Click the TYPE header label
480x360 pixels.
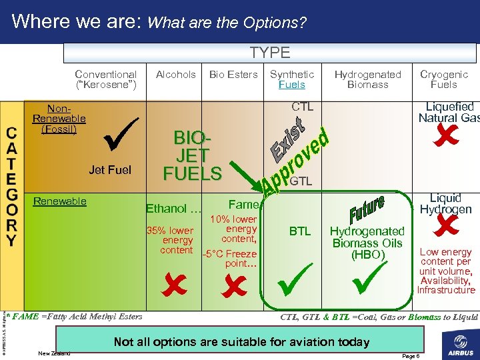[270, 53]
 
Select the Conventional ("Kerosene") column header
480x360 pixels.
[106, 79]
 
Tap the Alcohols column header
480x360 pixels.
[175, 75]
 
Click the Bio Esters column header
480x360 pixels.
[233, 75]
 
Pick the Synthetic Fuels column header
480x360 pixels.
[291, 79]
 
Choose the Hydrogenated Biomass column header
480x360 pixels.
[367, 79]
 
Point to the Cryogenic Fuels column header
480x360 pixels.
[443, 79]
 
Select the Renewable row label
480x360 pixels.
[60, 201]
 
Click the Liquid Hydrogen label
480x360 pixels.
[445, 203]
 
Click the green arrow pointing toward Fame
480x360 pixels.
[246, 175]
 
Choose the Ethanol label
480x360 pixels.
[173, 209]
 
